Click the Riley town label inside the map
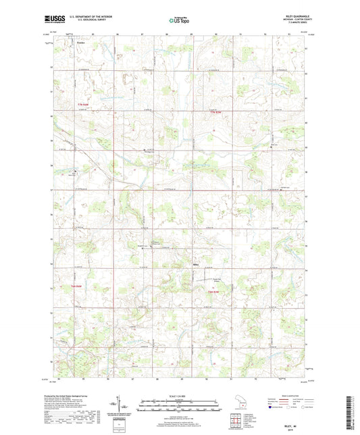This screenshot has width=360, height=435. pos(197,264)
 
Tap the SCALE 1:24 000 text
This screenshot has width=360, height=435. pos(179,396)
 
